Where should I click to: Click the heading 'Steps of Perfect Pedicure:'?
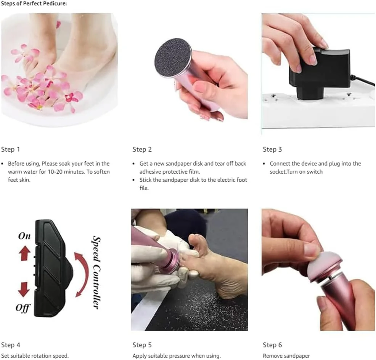[34, 4]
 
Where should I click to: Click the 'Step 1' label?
[11, 149]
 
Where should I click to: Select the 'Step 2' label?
[142, 149]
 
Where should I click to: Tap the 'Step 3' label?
[272, 149]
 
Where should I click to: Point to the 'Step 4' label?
[11, 345]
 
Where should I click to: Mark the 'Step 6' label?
[272, 345]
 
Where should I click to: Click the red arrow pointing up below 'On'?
[24, 253]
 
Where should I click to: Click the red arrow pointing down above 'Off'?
[24, 290]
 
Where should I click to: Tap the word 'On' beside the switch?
[24, 236]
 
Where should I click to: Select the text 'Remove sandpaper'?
[286, 356]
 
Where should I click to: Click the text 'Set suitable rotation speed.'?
[35, 356]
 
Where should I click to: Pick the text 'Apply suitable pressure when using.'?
[177, 356]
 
